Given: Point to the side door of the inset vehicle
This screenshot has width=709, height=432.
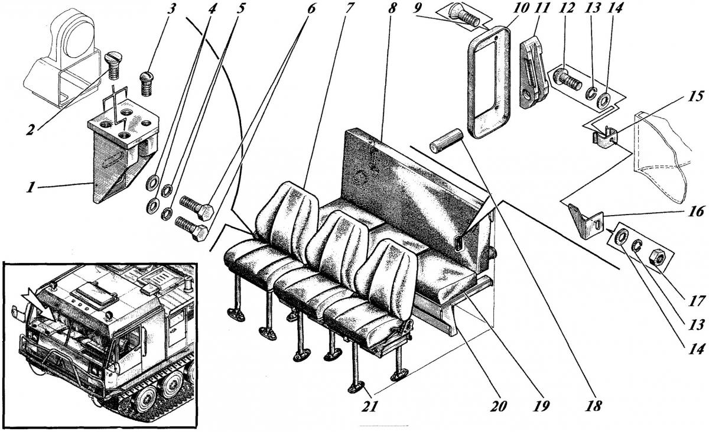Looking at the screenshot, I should pos(175,324).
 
